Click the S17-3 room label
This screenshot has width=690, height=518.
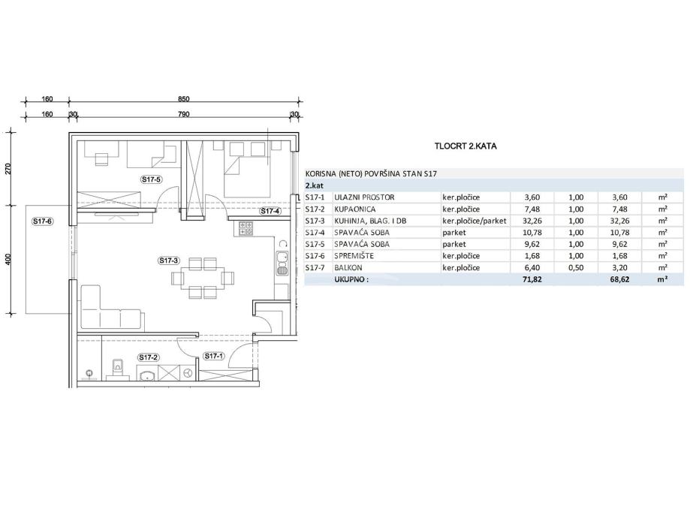pos(168,261)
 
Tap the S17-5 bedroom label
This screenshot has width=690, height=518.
pos(152,179)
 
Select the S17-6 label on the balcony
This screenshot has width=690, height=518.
pos(43,221)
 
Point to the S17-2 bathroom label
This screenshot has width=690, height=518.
pos(149,357)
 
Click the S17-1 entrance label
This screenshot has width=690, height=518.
pos(213,356)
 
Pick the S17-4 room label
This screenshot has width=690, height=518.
pos(270,211)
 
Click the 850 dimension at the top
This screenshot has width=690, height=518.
pos(183,99)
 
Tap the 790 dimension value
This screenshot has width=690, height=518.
pos(183,114)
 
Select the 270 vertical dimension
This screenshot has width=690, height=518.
pos(8,169)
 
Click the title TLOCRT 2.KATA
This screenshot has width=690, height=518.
pos(466,146)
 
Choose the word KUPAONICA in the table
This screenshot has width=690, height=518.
pos(355,209)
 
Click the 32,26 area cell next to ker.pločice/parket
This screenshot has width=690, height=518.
pos(532,221)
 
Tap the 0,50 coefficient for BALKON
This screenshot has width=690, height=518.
pos(576,267)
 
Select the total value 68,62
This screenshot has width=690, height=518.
pos(619,279)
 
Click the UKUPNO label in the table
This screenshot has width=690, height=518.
pos(351,279)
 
